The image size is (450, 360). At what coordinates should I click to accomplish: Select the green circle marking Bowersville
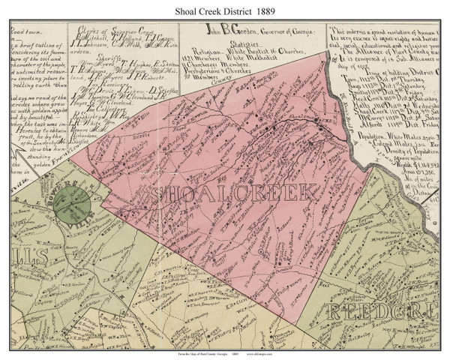tap(73, 200)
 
